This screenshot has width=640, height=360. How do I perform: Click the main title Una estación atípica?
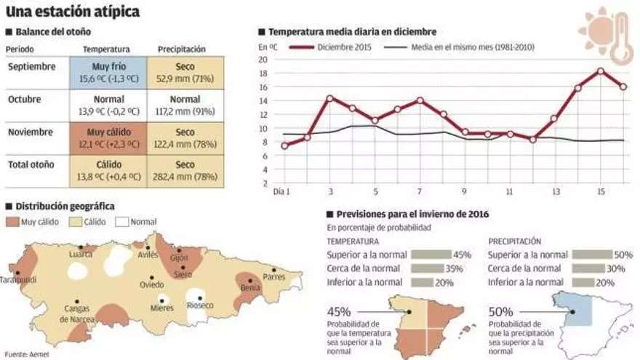pos(73,12)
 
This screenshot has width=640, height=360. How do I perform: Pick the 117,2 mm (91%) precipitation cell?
pos(180,105)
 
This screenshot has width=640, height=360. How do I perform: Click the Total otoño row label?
pos(31,164)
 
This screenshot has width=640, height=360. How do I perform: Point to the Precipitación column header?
pos(181,49)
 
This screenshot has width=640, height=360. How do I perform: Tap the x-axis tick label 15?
pos(600,192)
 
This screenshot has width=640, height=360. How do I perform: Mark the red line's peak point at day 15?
pos(601,71)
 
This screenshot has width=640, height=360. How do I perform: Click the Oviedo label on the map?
pos(152,284)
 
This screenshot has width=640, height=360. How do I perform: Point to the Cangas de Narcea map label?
pos(76,313)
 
